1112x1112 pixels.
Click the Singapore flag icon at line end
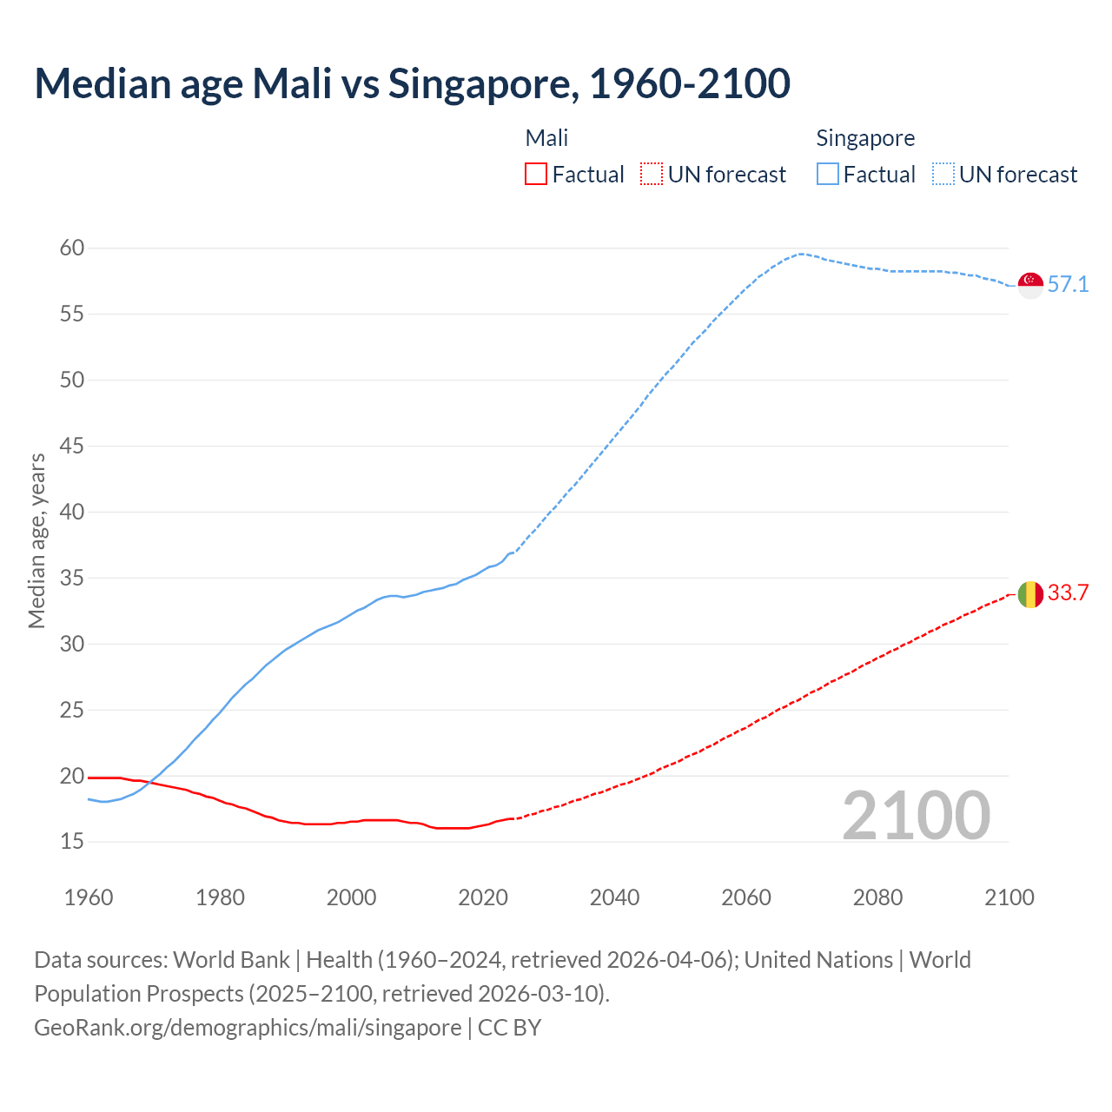pos(1030,285)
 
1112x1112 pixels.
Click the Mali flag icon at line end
pos(1030,594)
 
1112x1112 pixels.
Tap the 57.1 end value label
pos(1068,285)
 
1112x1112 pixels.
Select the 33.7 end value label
pos(1068,593)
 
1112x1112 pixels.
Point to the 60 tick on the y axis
pos(72,248)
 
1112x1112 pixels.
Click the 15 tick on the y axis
pos(72,841)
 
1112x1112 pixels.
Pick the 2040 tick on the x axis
pos(614,897)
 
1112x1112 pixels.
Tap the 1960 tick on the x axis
pos(89,897)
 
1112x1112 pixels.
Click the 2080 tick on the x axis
pos(877,897)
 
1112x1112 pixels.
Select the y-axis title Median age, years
pos(36,540)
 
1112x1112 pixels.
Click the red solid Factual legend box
pos(536,175)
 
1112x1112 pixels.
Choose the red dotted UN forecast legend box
pos(652,175)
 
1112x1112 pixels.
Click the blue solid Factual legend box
pos(828,175)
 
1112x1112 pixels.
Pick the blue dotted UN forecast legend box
pos(943,175)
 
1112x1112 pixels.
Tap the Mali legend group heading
pos(546,138)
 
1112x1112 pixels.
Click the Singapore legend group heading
pos(865,138)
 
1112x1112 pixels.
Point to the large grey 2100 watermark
pos(916,815)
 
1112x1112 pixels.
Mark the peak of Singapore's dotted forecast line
pos(801,254)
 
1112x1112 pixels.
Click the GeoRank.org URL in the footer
pos(248,1027)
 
